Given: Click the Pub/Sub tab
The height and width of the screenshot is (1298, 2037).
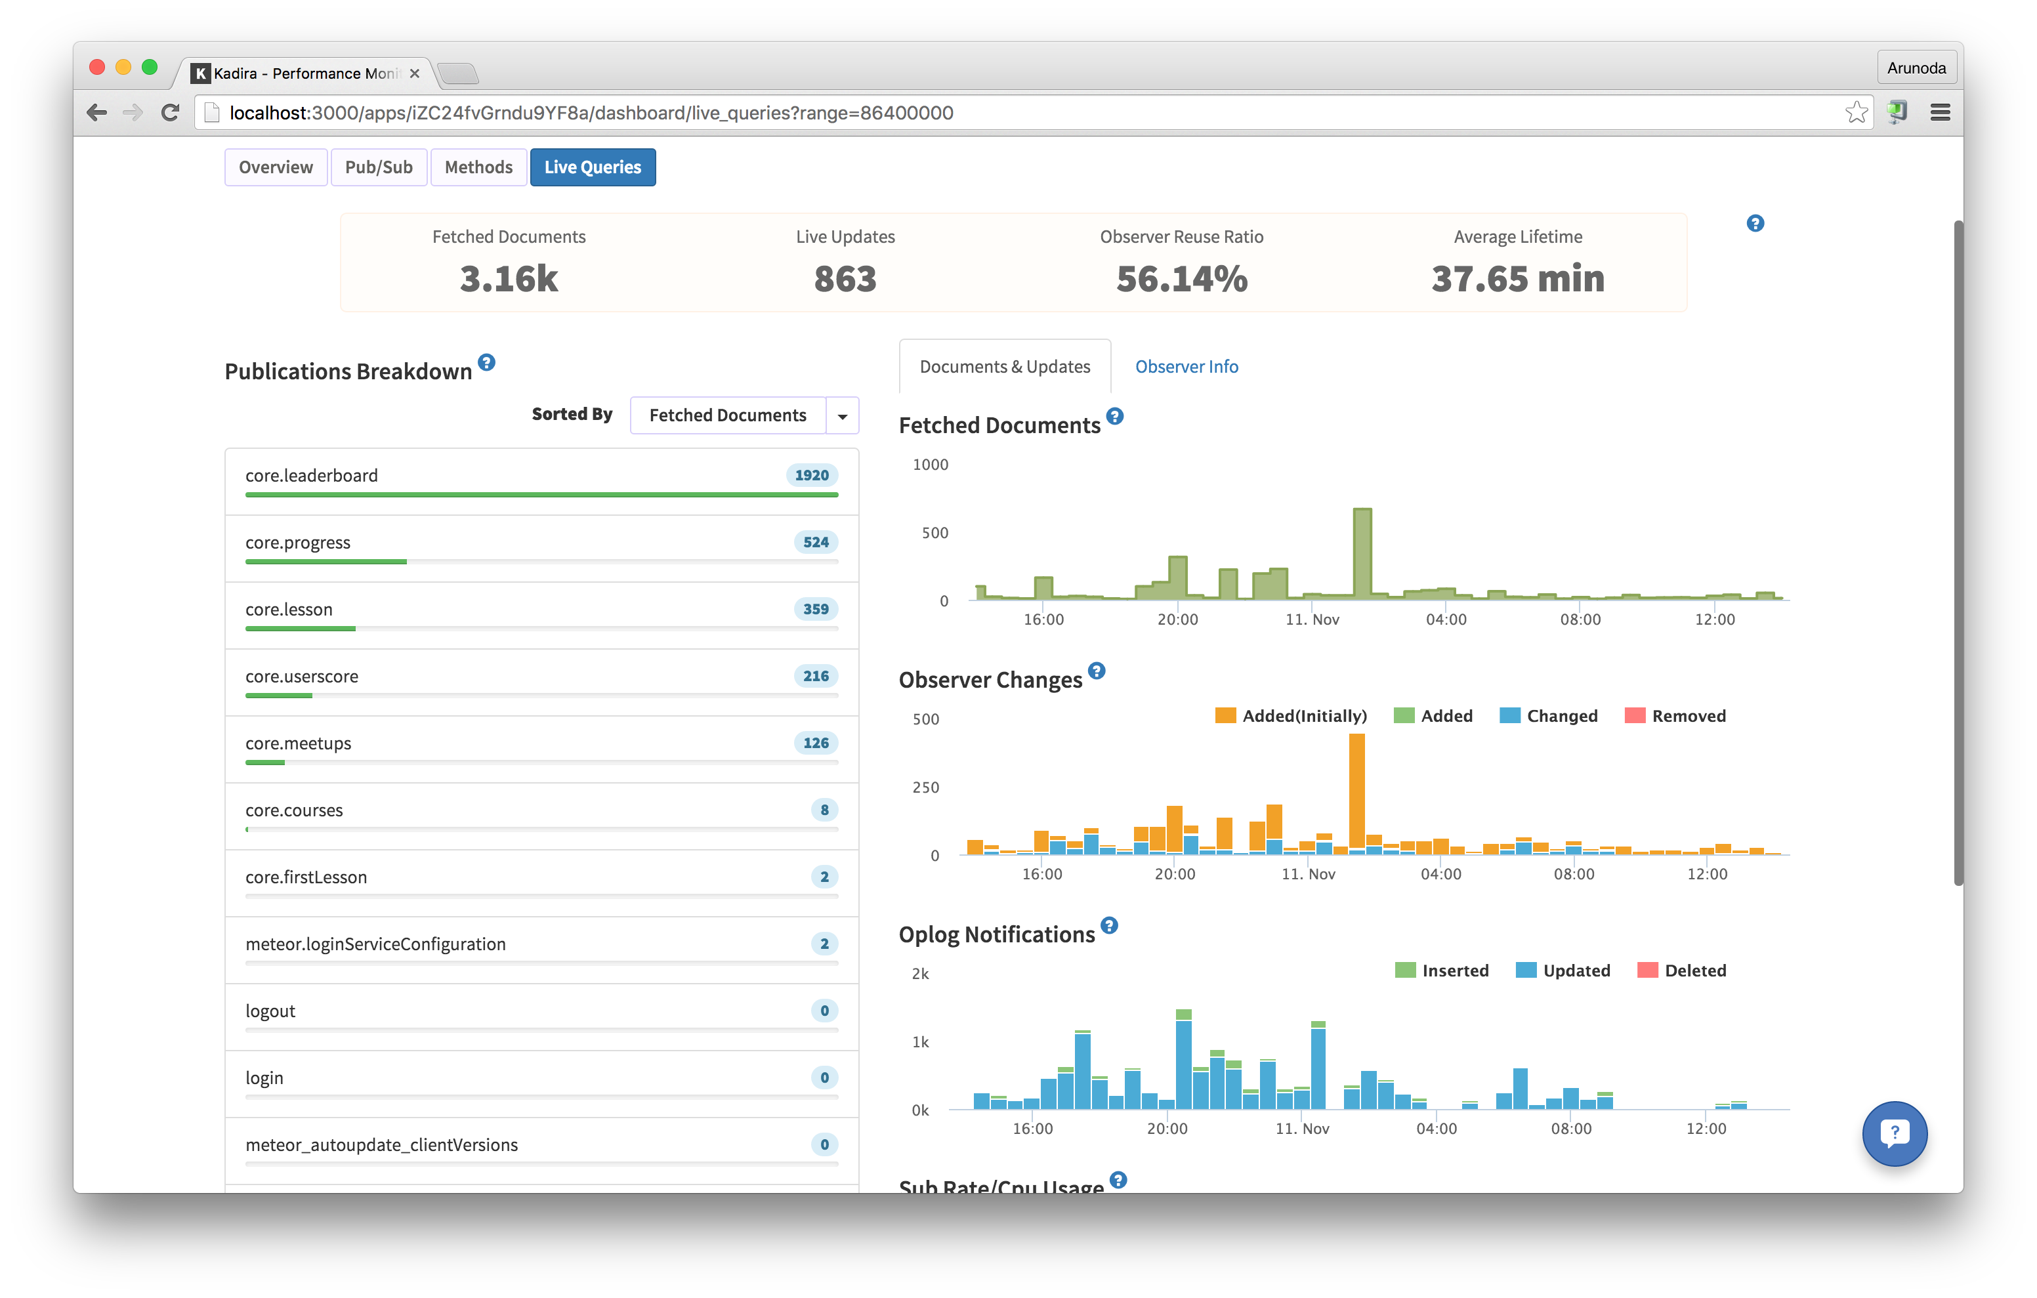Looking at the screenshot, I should [378, 167].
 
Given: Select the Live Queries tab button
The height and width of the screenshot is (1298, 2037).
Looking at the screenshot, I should [592, 167].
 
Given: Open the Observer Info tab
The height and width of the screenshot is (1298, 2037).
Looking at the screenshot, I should [1186, 366].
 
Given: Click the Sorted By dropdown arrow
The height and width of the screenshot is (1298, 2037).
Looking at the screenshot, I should [842, 415].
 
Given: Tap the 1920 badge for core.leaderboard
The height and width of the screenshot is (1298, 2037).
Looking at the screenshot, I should [811, 476].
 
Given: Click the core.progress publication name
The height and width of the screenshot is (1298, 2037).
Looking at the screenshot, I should [298, 543].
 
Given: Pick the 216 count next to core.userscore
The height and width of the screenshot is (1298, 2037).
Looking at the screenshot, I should [816, 676].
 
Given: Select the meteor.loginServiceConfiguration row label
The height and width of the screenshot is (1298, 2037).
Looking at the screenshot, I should [375, 944].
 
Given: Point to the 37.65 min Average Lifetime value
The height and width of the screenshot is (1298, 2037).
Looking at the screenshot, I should [1518, 280].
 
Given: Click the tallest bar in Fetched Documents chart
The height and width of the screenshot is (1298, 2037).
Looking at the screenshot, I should [1362, 555].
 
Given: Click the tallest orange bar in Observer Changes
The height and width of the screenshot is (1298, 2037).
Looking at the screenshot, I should [1356, 791].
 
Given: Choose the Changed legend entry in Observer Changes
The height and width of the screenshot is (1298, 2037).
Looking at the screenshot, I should [1548, 716].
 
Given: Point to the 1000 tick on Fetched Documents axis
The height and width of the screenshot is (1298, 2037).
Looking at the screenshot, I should [930, 465].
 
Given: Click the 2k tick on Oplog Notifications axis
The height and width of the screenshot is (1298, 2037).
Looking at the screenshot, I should [920, 974].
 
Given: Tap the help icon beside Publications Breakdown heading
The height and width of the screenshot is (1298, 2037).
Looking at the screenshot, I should [486, 363].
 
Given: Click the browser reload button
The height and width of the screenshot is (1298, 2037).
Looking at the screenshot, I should [170, 112].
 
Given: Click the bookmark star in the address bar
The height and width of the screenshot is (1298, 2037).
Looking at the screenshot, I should [1856, 112].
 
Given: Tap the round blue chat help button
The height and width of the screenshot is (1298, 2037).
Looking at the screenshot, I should [1894, 1133].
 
